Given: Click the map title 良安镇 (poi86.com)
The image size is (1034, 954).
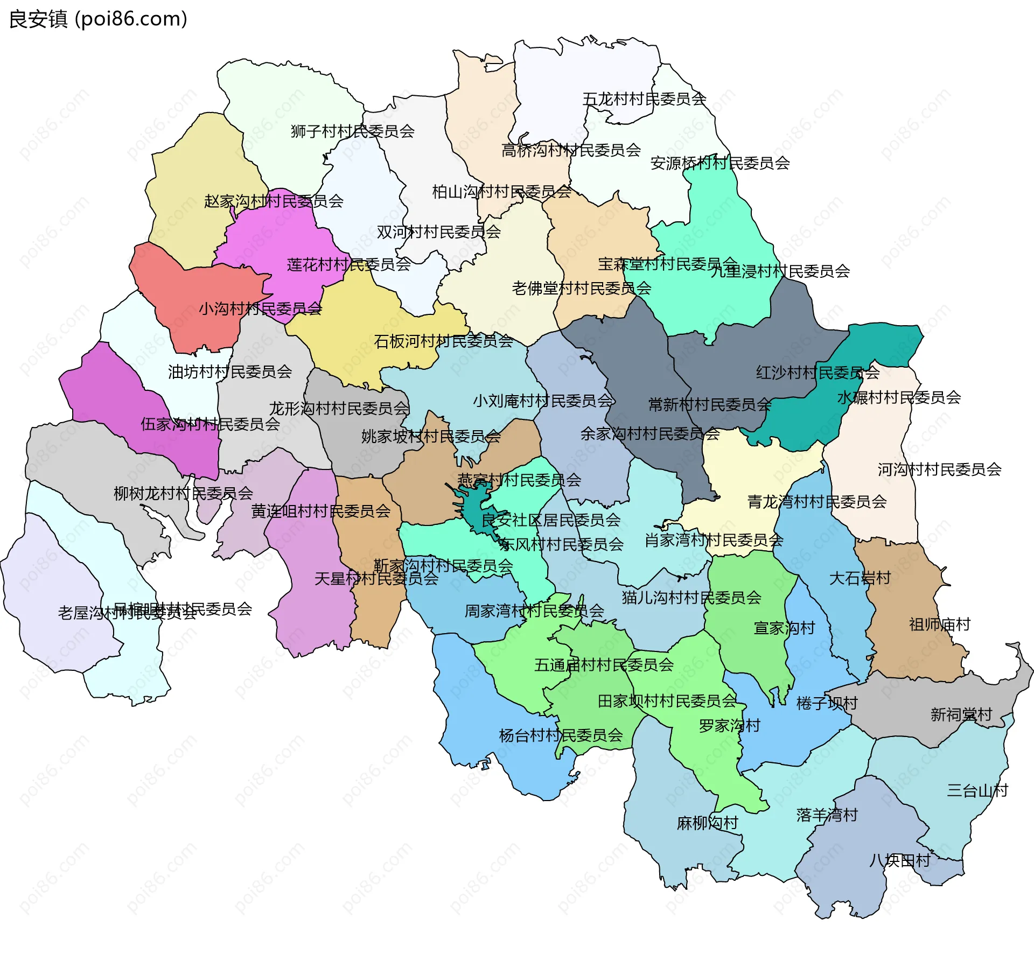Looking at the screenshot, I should (98, 19).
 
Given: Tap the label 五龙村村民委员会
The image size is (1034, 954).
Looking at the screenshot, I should (644, 99).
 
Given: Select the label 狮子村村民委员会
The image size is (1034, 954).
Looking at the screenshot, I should (352, 131).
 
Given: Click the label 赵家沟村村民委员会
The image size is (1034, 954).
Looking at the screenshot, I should (274, 201).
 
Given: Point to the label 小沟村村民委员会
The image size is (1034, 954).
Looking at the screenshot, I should (260, 309).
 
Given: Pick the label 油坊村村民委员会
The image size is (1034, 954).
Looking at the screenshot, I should (230, 372).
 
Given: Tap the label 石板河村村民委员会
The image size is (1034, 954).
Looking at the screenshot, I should (443, 341).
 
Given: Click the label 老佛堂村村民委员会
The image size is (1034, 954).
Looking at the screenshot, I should (581, 289).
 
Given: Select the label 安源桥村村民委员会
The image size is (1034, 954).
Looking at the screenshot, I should (719, 163).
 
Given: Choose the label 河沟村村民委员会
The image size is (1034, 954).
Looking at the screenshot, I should (939, 469).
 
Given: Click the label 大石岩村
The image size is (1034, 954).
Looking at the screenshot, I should (860, 578).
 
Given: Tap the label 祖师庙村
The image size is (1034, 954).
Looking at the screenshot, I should (939, 625).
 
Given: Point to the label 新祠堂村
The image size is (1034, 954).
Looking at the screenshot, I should (961, 715).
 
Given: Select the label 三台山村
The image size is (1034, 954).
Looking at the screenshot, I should (977, 791).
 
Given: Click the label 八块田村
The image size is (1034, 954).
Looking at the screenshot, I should (899, 861).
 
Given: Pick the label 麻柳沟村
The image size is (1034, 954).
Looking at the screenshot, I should (707, 823).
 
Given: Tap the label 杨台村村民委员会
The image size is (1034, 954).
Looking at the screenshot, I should (561, 735).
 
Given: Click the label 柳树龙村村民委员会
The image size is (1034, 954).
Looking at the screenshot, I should (183, 493).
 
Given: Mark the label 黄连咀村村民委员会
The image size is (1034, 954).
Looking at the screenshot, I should (320, 511).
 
